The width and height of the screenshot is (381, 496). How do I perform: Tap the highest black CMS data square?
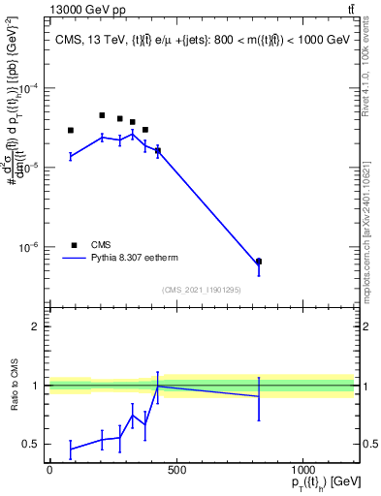pos(102,115)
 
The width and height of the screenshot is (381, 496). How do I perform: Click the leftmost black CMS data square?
pos(71,130)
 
